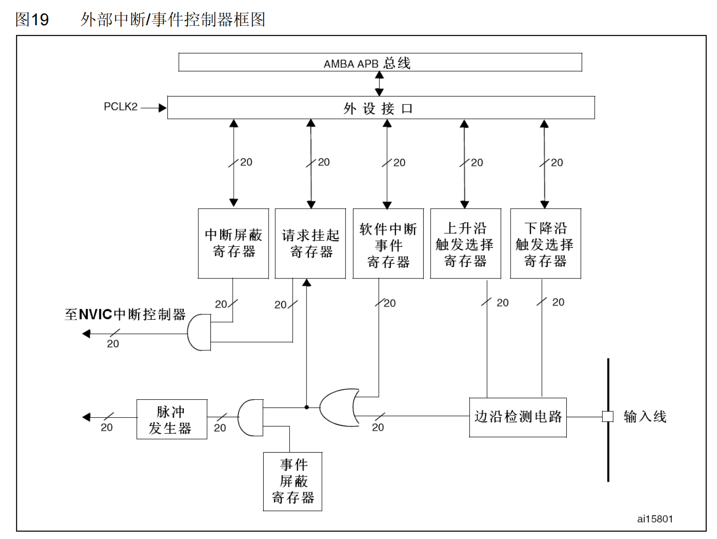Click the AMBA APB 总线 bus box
tap(380, 63)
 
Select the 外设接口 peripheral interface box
tap(381, 108)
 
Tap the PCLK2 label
tap(120, 107)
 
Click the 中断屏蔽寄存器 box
tap(233, 244)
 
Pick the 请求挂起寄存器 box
tap(310, 244)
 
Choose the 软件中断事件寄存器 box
tap(388, 244)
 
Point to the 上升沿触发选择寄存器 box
tap(465, 244)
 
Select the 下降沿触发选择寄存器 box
tap(545, 244)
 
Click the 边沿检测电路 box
tap(518, 417)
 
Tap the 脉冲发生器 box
tap(172, 420)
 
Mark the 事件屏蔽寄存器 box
tap(292, 481)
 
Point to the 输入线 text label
tap(645, 416)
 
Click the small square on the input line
tap(607, 416)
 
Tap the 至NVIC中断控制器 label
tap(125, 314)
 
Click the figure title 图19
tap(32, 19)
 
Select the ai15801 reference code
tap(655, 519)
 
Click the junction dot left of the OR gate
tap(306, 407)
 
